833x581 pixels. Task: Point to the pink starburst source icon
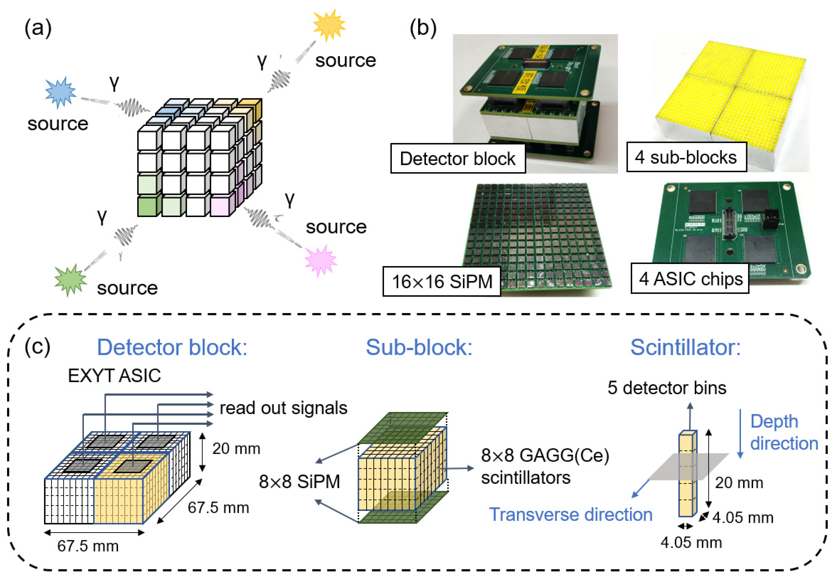tap(321, 260)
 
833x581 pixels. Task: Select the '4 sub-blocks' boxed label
tap(686, 157)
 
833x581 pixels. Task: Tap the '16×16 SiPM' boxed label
tap(442, 281)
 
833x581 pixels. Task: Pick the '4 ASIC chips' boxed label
tap(690, 278)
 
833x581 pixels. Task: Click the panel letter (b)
tap(423, 28)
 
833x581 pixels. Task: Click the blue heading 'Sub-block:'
tap(419, 347)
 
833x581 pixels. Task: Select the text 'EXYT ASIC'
tap(114, 375)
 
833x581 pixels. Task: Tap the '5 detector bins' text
tap(667, 388)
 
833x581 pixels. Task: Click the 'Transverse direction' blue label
tap(570, 514)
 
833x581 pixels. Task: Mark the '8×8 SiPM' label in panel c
tap(299, 482)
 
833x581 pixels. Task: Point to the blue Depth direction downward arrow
tap(740, 434)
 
